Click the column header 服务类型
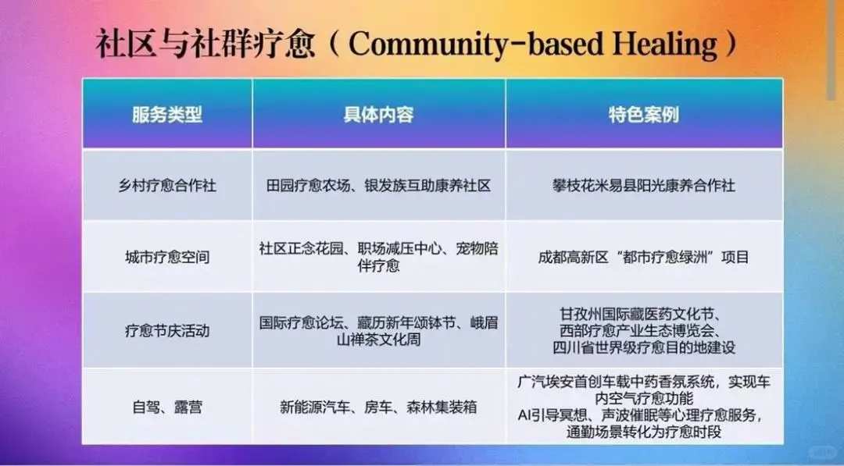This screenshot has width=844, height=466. click(x=166, y=115)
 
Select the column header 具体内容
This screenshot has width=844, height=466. click(x=378, y=115)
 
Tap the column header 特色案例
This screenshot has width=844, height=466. click(x=643, y=115)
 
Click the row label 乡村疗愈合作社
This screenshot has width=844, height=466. click(x=166, y=186)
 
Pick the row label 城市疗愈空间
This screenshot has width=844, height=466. click(x=166, y=257)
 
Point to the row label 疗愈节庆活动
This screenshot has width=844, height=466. click(x=166, y=330)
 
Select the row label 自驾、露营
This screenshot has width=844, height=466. click(x=166, y=407)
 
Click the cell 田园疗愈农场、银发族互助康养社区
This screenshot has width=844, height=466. click(x=378, y=186)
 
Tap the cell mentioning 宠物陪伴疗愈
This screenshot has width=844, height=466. click(x=378, y=257)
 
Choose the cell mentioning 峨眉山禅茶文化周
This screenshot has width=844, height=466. click(x=378, y=330)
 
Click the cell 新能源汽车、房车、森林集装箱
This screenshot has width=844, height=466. click(x=378, y=407)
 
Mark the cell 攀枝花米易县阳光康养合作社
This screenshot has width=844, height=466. click(x=643, y=186)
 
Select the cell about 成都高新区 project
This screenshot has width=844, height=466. click(x=643, y=257)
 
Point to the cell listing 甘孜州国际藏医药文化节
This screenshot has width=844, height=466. click(x=643, y=330)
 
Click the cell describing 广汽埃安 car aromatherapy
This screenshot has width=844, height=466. click(x=643, y=407)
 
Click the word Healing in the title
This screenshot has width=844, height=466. click(x=666, y=44)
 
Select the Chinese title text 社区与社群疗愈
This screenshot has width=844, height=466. click(x=205, y=44)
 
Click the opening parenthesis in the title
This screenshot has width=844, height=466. click(x=333, y=44)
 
